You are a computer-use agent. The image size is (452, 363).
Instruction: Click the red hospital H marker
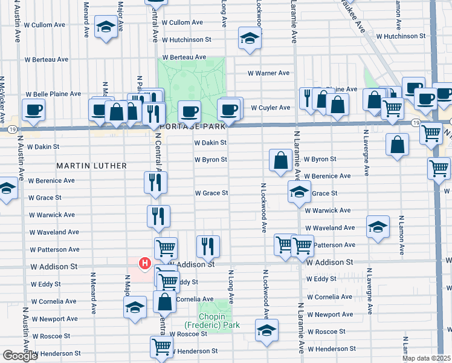tap(144, 263)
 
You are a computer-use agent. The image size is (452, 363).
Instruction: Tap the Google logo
tap(20, 356)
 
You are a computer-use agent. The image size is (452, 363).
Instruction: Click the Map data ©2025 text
tap(427, 358)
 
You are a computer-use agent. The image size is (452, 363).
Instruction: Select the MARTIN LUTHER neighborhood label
tap(92, 165)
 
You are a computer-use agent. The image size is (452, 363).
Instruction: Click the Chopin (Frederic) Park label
tap(212, 320)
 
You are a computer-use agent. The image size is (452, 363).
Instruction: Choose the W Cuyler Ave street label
tap(271, 108)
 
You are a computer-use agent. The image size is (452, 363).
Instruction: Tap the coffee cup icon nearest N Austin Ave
tap(33, 110)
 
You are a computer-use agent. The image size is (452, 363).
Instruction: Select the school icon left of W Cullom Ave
tap(106, 27)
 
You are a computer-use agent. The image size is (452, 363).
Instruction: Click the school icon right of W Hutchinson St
tap(248, 38)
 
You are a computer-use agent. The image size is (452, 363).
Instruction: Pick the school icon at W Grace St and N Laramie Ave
tap(299, 192)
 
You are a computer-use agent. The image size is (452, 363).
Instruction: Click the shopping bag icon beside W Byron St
tap(280, 160)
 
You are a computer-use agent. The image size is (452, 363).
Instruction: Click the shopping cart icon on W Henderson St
tap(162, 347)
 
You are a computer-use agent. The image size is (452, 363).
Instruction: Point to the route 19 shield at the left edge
tap(11, 129)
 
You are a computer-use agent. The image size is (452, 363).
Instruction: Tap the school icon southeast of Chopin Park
tap(266, 330)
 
